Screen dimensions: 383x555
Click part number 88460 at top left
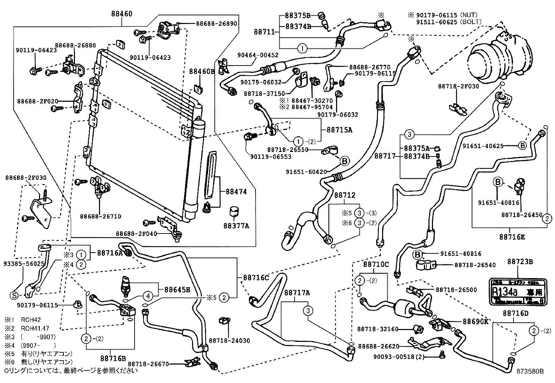pyautogui.click(x=122, y=14)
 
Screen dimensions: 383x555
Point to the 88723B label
pyautogui.click(x=520, y=261)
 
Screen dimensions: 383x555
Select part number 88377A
pyautogui.click(x=236, y=225)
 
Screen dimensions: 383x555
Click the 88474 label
pyautogui.click(x=236, y=192)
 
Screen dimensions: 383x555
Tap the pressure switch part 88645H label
pyautogui.click(x=177, y=289)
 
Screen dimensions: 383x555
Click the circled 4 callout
pyautogui.click(x=148, y=297)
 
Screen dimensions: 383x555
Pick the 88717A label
pyautogui.click(x=297, y=293)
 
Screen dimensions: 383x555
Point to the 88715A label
pyautogui.click(x=339, y=130)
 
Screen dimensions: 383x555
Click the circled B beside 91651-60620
pyautogui.click(x=344, y=161)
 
